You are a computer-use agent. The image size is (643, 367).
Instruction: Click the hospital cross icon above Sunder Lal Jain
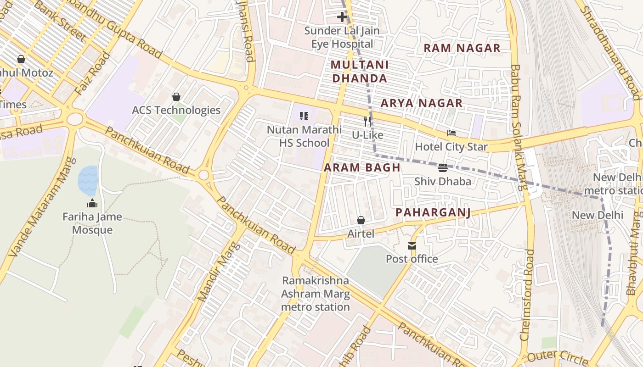tap(342, 17)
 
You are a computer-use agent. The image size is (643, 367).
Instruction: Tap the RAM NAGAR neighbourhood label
tap(462, 48)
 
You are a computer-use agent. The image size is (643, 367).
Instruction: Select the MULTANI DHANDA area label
tap(360, 72)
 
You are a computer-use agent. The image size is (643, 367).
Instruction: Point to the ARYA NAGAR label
tap(421, 103)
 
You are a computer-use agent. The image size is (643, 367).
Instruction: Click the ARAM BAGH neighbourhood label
tap(362, 167)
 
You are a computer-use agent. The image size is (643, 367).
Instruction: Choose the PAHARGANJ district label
tap(433, 212)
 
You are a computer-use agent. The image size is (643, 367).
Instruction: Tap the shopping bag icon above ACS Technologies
tap(176, 97)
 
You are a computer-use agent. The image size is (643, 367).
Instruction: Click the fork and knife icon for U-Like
tap(367, 122)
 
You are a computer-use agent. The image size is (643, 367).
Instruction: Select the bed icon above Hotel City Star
tap(451, 133)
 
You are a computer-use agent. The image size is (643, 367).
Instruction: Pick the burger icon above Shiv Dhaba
tap(443, 168)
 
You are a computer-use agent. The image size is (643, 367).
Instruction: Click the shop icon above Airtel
tap(361, 220)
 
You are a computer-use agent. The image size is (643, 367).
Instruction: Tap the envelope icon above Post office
tap(412, 246)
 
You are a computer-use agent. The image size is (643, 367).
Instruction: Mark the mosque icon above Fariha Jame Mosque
tap(92, 203)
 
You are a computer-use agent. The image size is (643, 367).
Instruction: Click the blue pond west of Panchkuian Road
tap(88, 180)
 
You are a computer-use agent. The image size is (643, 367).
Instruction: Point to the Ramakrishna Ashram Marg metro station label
tap(316, 294)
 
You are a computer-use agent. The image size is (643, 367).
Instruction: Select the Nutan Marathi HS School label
tap(304, 136)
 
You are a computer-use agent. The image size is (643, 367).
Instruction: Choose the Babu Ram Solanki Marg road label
tap(518, 128)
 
